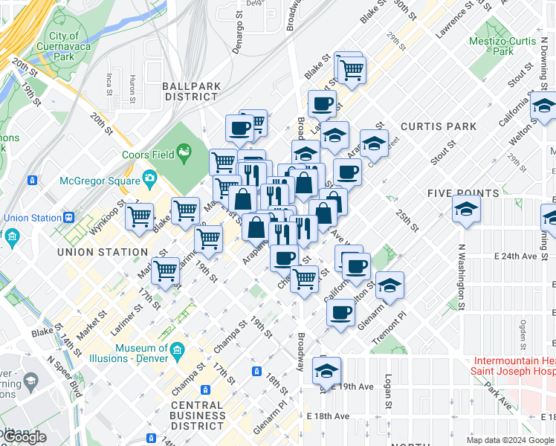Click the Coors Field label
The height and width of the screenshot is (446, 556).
pyautogui.click(x=148, y=155)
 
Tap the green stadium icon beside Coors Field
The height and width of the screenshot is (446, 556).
pyautogui.click(x=183, y=154)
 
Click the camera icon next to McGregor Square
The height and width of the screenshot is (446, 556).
pyautogui.click(x=149, y=178)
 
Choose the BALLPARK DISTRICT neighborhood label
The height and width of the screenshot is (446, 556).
pyautogui.click(x=192, y=91)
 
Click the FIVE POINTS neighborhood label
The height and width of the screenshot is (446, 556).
pyautogui.click(x=463, y=193)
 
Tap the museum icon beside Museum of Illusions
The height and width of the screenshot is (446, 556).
pyautogui.click(x=178, y=349)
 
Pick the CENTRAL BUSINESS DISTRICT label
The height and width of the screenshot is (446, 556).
pyautogui.click(x=198, y=416)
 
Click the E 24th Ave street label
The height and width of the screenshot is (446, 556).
pyautogui.click(x=516, y=256)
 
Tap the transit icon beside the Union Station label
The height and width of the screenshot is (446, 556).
pyautogui.click(x=68, y=218)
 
